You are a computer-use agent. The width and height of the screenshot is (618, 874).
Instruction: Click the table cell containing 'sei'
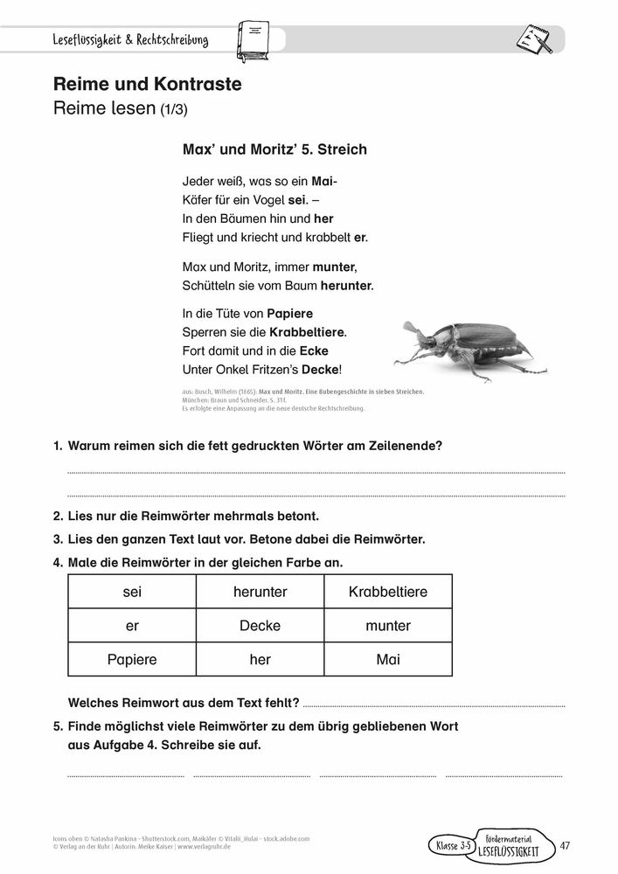click(x=132, y=592)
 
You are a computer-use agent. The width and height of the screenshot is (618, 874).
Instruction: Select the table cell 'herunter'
click(x=260, y=592)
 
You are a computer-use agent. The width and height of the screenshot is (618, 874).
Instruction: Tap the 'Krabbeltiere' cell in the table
click(x=388, y=592)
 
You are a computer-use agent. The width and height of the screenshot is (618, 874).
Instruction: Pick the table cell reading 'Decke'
click(x=260, y=626)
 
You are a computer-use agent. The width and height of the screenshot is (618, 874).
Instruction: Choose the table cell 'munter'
click(x=388, y=626)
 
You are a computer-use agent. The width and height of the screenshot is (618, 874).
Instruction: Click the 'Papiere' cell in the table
click(x=132, y=660)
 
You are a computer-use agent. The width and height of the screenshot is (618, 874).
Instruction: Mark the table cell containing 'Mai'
click(x=388, y=660)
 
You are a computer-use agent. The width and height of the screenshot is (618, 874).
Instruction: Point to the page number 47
click(x=565, y=844)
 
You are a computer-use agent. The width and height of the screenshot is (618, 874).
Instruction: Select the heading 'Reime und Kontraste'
click(x=147, y=85)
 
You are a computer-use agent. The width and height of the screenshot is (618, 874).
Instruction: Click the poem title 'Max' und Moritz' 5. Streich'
click(x=274, y=149)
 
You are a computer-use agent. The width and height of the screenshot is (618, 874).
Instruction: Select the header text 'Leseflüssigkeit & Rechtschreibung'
click(x=130, y=40)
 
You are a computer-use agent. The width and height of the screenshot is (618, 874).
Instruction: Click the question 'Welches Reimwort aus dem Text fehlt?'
click(x=184, y=703)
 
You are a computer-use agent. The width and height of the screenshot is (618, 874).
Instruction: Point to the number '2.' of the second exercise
click(x=58, y=516)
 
